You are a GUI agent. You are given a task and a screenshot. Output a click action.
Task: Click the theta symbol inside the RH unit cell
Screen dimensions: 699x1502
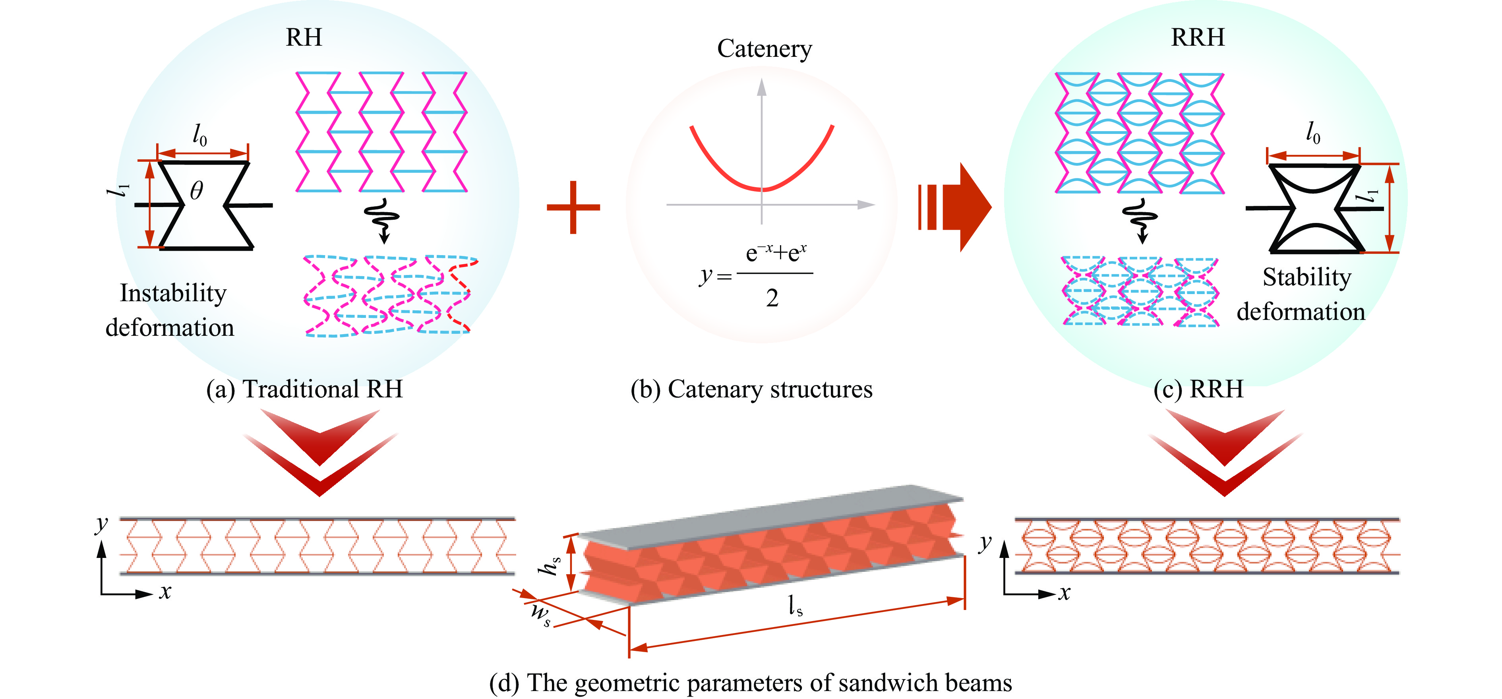point(197,191)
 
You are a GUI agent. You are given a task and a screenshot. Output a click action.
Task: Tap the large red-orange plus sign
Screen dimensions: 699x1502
point(573,207)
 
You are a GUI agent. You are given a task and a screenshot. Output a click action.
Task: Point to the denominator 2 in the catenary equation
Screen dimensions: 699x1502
point(772,298)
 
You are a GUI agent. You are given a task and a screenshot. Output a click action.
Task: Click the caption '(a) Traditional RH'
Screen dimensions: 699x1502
point(304,389)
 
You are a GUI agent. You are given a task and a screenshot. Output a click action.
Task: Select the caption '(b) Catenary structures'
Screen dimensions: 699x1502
point(751,389)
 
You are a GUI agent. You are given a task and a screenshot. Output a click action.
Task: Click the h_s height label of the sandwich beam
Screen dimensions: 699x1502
point(550,564)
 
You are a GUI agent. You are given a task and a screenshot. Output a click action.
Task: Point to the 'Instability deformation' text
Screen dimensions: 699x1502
point(170,310)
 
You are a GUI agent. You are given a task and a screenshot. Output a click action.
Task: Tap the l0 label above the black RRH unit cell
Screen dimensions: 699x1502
point(1313,133)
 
